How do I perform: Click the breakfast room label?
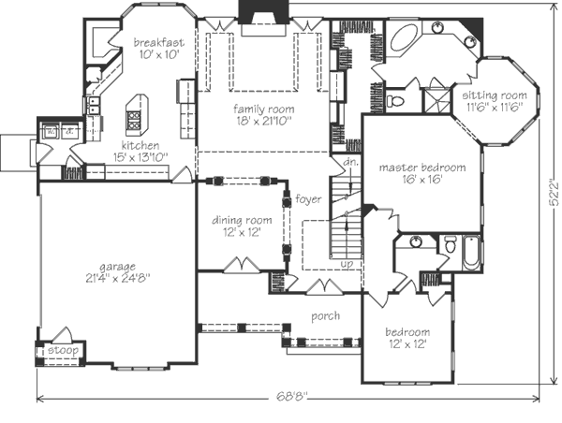[x=159, y=43]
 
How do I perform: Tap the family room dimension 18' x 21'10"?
[x=264, y=121]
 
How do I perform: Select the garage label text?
[x=118, y=267]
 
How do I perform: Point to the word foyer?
[x=308, y=198]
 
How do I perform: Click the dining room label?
[x=242, y=220]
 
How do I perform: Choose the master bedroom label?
[x=422, y=168]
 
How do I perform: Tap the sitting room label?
[x=495, y=95]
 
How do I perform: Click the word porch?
[x=325, y=316]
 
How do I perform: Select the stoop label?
[x=63, y=350]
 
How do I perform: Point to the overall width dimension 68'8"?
[x=292, y=396]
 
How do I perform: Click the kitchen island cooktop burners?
[x=134, y=120]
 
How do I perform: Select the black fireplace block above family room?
[x=263, y=11]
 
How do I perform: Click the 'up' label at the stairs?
[x=347, y=264]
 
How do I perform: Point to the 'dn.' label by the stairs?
[x=350, y=162]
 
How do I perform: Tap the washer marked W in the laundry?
[x=51, y=131]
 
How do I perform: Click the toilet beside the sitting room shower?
[x=394, y=101]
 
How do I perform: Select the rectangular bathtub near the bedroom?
[x=471, y=254]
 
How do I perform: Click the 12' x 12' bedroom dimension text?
[x=407, y=344]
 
